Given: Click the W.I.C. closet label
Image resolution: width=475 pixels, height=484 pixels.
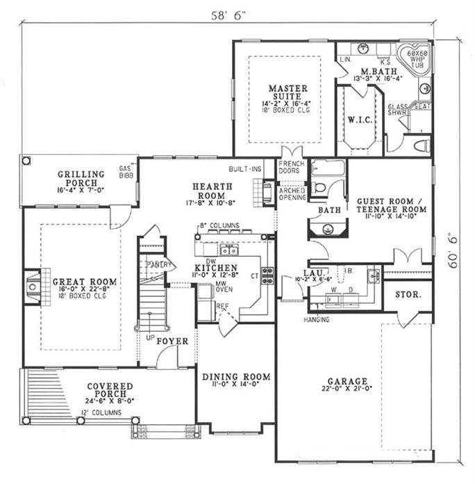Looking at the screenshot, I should click(x=360, y=120).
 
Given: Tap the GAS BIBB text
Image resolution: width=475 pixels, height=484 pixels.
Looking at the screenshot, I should click(x=126, y=172).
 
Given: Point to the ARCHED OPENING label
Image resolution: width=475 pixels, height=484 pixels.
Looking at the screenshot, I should click(x=292, y=192).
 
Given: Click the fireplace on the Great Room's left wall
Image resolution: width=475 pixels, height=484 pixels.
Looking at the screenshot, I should click(x=31, y=286).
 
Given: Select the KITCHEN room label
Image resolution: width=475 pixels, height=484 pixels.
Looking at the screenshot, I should click(x=216, y=268).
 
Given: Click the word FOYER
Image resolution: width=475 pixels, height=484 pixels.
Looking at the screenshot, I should click(x=170, y=341).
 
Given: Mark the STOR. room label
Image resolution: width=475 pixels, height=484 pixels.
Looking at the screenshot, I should click(x=408, y=294).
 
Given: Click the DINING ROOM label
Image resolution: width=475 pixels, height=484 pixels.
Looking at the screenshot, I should click(x=236, y=378).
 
